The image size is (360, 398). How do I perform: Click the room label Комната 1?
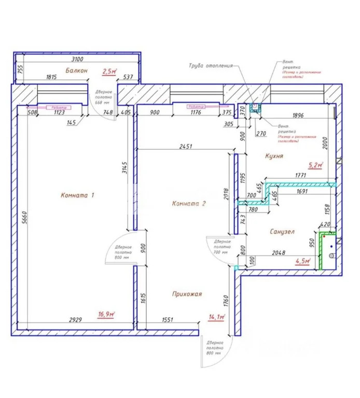pyautogui.click(x=78, y=195)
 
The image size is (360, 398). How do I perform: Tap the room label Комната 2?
pyautogui.click(x=189, y=204)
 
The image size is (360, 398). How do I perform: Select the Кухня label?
pyautogui.click(x=273, y=155)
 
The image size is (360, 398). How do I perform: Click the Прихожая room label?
pyautogui.click(x=187, y=294)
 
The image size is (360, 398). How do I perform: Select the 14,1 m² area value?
pyautogui.click(x=216, y=317)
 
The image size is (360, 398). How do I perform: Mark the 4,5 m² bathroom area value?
pyautogui.click(x=302, y=261)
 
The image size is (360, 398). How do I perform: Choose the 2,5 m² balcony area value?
pyautogui.click(x=109, y=72)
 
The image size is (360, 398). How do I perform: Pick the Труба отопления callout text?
pyautogui.click(x=210, y=66)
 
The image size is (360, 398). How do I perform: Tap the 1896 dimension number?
pyautogui.click(x=298, y=116)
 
